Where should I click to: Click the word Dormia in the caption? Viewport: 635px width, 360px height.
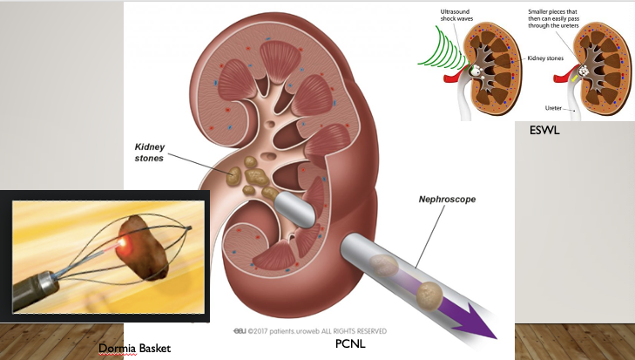(116, 349)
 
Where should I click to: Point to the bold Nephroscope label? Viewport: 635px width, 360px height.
(448, 200)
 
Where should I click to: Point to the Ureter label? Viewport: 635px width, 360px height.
(553, 109)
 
